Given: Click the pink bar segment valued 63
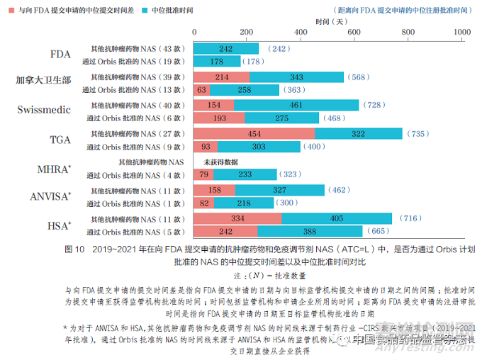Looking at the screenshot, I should tap(202, 90).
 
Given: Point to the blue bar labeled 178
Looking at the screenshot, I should tap(215, 62).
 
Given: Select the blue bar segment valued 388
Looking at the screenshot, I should tap(310, 232).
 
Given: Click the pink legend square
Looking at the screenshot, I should tap(11, 11).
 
